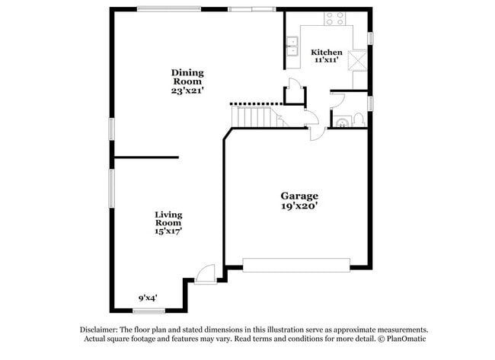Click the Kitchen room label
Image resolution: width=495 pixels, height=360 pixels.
(327, 52)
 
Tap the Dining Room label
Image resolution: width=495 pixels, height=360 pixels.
(187, 78)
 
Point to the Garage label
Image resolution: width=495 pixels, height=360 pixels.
(299, 196)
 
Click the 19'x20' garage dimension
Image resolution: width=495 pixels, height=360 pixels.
(299, 205)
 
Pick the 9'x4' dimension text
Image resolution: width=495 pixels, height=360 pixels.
(148, 298)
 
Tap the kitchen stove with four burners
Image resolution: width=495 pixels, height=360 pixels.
(334, 19)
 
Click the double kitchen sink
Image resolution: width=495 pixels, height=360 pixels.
(292, 46)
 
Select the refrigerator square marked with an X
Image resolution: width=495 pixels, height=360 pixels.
(358, 59)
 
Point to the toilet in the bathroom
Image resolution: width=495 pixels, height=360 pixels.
(359, 120)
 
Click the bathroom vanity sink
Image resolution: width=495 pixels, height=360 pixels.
(341, 120)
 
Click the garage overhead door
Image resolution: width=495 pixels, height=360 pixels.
(295, 265)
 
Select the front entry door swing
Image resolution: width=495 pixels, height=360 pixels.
(204, 273)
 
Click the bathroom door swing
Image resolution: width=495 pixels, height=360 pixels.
(338, 99)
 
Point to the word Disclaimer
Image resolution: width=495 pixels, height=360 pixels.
(101, 330)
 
